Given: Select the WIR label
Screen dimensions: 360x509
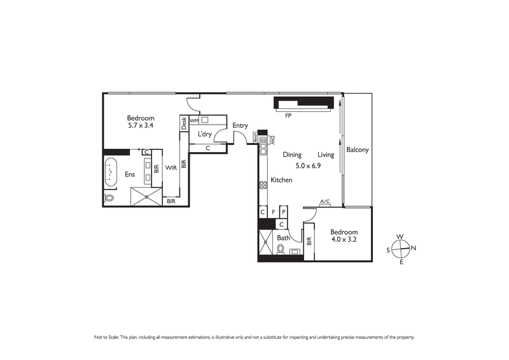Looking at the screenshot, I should [171, 168].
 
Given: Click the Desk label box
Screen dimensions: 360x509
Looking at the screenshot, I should [184, 123].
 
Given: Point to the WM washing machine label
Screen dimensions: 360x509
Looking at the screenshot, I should [193, 120].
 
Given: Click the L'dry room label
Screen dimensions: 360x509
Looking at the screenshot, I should [205, 134].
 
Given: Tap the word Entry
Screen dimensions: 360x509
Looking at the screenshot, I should [240, 125].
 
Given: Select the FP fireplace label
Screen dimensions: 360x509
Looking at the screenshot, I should [288, 116].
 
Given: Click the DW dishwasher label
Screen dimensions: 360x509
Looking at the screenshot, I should [272, 141].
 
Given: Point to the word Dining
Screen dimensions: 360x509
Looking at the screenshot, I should [292, 155].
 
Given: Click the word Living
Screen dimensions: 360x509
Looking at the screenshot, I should [326, 155].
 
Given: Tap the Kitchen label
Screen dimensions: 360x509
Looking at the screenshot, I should [282, 180].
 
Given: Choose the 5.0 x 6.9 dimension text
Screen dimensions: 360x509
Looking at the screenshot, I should [309, 166].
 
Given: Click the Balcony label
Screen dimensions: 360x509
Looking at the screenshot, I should [358, 150].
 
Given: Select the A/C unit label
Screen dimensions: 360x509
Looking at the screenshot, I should [324, 202].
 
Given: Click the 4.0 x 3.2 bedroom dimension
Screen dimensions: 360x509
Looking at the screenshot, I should [344, 241].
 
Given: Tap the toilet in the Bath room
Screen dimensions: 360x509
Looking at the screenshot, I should [281, 250].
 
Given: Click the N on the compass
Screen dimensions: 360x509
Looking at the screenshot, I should [414, 248].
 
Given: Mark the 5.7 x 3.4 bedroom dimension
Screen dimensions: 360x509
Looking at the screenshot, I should [141, 126].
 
